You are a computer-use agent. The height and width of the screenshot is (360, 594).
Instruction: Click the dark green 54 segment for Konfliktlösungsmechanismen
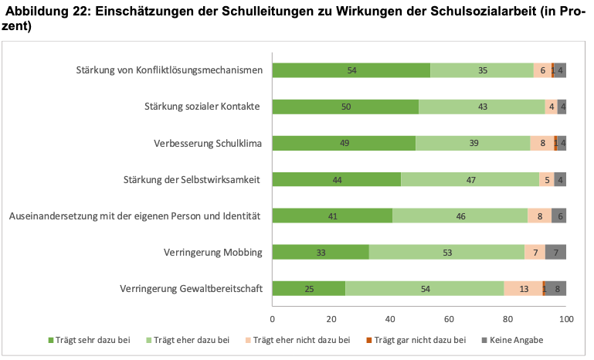point(351,70)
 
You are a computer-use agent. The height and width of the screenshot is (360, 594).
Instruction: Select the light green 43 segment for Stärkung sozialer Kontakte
point(482,107)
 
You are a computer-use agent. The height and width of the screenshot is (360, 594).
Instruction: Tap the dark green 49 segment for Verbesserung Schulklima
point(344,143)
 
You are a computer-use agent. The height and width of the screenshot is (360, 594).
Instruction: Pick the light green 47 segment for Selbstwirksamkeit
point(470,179)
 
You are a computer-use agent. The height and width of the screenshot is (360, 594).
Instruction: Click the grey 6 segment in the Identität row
point(558,216)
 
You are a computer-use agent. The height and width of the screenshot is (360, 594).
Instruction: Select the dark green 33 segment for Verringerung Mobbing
point(321,252)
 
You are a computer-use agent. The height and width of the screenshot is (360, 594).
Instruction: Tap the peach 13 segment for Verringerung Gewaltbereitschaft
point(524,288)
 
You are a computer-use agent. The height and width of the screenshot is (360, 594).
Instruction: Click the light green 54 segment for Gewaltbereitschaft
point(425,288)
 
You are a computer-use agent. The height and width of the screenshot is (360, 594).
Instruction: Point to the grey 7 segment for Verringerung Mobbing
point(556,252)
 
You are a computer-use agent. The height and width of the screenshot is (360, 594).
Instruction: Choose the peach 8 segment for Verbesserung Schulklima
point(542,143)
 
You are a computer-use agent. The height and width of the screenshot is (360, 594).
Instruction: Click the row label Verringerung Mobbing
point(213,253)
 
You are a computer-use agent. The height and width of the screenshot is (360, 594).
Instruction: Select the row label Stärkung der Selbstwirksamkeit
point(191,180)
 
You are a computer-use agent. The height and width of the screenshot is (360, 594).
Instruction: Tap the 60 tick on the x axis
point(449,319)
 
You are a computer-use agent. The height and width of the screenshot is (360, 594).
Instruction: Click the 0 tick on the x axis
point(273,319)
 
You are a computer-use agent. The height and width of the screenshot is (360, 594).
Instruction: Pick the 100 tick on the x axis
point(566,319)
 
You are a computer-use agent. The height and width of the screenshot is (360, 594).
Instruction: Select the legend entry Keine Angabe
point(514,340)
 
